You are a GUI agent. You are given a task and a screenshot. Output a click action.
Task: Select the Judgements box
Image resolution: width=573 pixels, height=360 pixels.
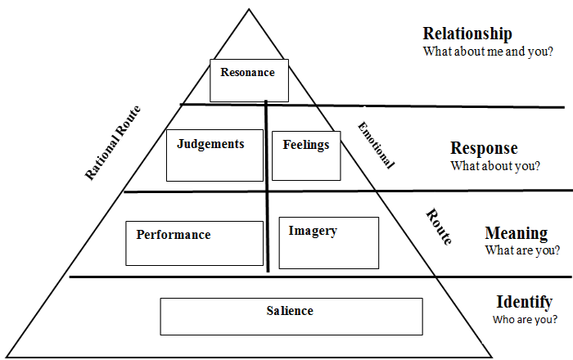click(215, 155)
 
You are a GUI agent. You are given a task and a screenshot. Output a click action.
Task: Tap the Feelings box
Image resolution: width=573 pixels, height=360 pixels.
click(306, 155)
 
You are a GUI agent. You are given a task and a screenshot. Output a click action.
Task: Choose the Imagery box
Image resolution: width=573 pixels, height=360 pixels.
click(328, 243)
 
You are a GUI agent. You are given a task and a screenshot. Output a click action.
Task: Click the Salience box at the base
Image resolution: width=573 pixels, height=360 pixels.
click(291, 317)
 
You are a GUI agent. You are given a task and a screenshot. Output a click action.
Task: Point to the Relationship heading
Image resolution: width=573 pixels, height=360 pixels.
click(467, 34)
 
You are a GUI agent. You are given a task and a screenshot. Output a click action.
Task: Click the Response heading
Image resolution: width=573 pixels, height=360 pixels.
click(484, 148)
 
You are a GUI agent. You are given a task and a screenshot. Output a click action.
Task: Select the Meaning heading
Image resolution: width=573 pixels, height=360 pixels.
click(516, 232)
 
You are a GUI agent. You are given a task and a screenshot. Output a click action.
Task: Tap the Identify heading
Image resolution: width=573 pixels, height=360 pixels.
click(524, 301)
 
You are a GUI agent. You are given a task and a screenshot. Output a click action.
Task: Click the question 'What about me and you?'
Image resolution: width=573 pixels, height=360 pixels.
click(487, 51)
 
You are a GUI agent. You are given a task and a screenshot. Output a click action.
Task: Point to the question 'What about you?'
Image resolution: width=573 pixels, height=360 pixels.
click(494, 165)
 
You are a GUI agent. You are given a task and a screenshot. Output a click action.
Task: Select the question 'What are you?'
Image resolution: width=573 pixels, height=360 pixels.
click(522, 250)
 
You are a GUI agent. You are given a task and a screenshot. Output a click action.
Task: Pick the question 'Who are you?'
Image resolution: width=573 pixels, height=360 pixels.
click(525, 318)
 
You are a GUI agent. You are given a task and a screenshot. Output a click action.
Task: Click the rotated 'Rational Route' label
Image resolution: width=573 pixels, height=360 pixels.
click(113, 143)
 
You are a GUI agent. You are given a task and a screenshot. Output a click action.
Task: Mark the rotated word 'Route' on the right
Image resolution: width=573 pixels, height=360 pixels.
click(438, 227)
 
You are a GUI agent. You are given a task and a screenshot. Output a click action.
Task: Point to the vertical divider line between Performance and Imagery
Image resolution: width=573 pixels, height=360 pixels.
click(267, 237)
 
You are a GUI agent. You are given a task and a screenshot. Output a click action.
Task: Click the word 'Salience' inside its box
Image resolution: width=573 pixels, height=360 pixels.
click(290, 311)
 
